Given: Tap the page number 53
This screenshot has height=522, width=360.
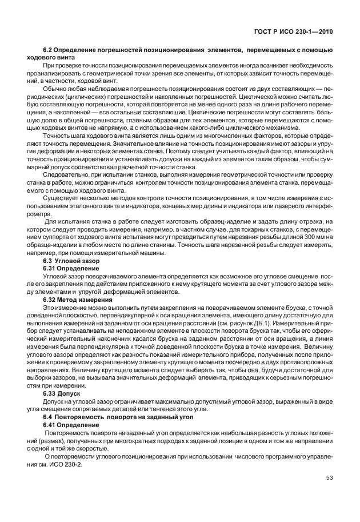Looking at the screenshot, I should coord(329,477).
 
